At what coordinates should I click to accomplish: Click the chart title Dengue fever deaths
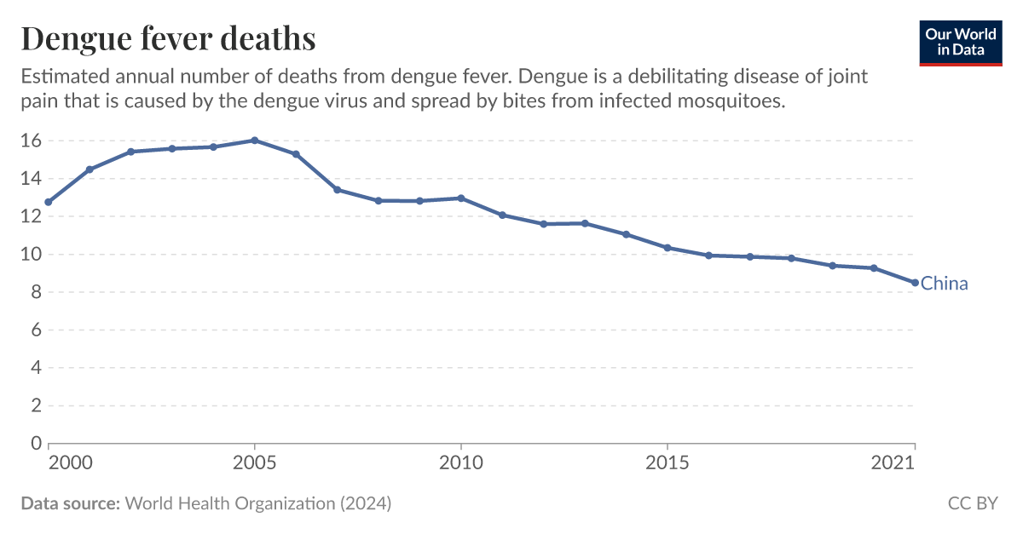click(168, 38)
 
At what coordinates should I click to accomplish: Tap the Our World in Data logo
click(960, 42)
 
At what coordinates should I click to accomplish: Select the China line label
click(945, 284)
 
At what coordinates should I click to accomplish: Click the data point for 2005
click(254, 141)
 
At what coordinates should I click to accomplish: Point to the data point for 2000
click(49, 203)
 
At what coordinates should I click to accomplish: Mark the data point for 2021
click(915, 283)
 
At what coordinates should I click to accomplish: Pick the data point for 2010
click(460, 198)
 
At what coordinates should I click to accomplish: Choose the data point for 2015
click(667, 248)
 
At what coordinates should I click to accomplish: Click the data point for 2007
click(337, 190)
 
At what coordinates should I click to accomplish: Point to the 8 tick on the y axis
click(35, 292)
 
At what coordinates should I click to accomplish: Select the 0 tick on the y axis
click(35, 444)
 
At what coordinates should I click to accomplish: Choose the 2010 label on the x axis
click(460, 463)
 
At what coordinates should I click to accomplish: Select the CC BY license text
click(973, 504)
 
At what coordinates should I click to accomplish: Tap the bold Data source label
click(70, 504)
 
